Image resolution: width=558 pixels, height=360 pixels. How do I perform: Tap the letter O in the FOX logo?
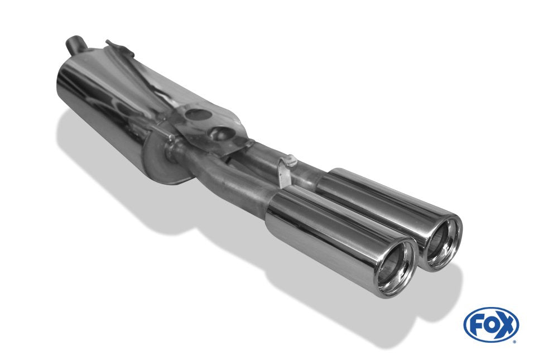point(491,325)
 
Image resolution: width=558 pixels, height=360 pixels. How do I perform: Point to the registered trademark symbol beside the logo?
point(520,339)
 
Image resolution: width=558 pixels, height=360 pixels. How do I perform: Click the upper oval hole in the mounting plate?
point(196,115)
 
